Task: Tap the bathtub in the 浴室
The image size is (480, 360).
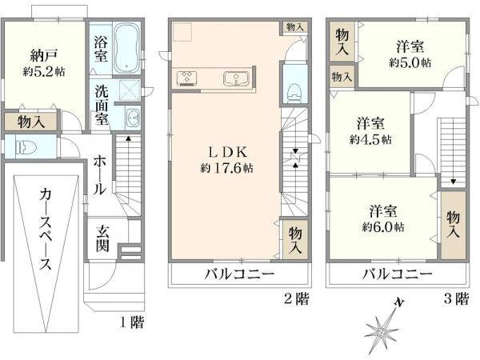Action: point(126,48)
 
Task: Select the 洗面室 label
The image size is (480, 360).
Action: point(102,106)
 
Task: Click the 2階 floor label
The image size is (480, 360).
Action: point(294,301)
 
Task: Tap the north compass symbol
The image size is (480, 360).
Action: point(385,323)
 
